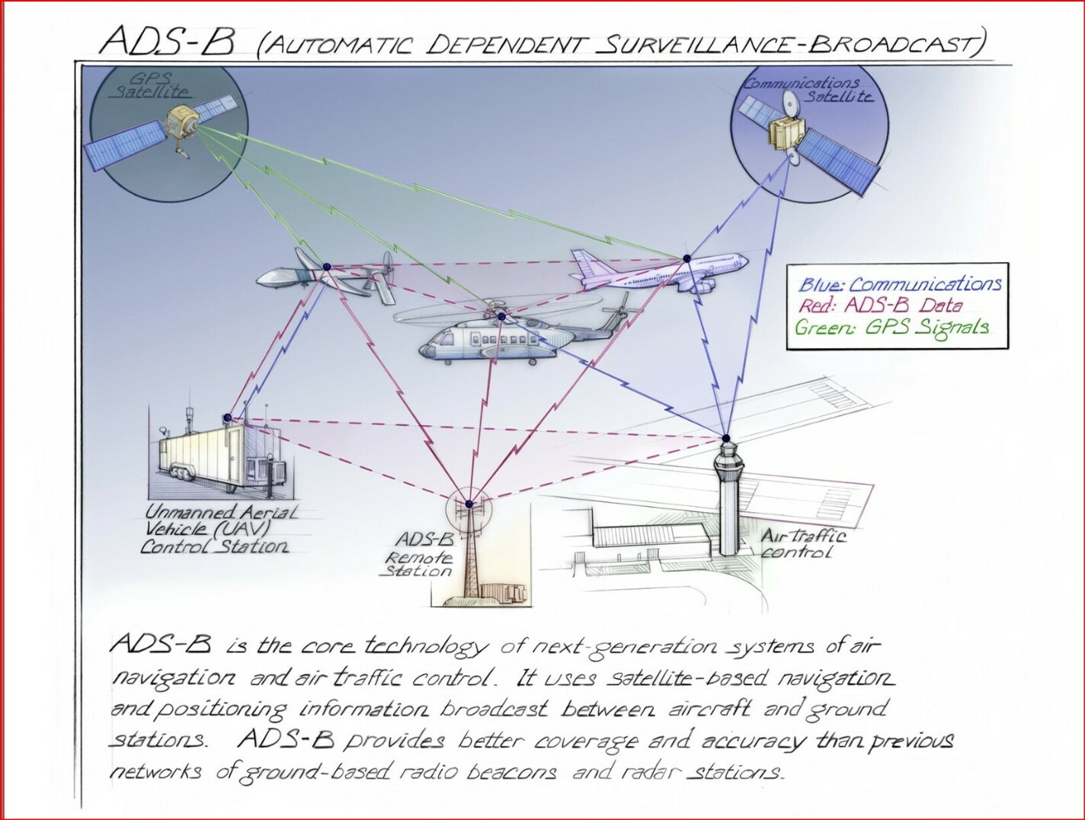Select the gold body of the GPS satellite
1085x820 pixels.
[x=183, y=122]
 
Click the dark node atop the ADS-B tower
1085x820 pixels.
[x=469, y=504]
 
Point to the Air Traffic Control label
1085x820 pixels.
[x=802, y=543]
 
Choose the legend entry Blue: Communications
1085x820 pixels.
[x=899, y=285]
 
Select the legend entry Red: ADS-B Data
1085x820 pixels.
[x=880, y=306]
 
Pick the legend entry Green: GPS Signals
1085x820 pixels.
[x=891, y=328]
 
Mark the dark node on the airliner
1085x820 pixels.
[x=687, y=259]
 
